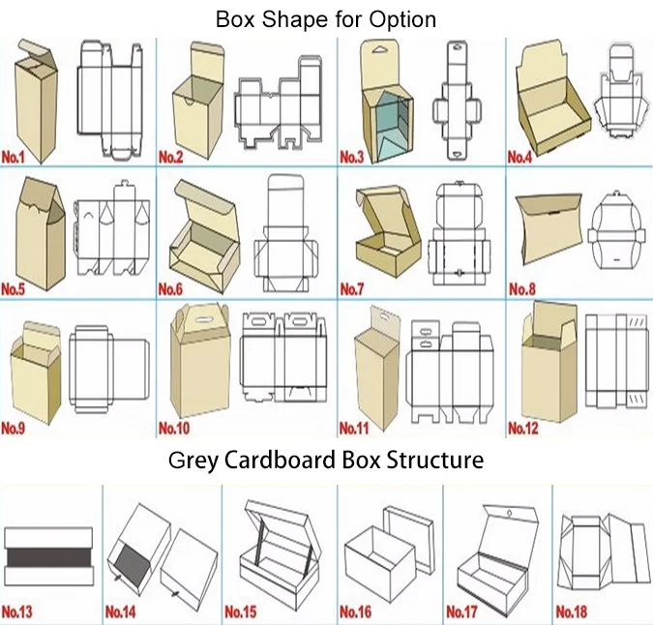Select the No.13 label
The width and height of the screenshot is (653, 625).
(17, 611)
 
